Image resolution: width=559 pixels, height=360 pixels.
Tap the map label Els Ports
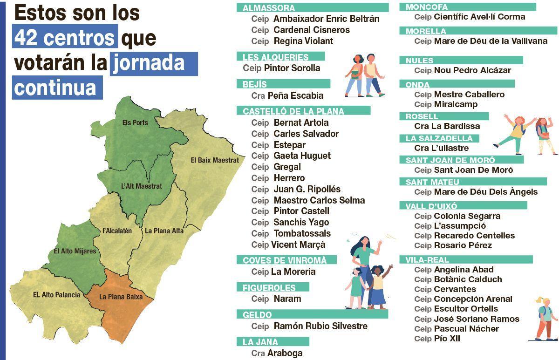[135, 122]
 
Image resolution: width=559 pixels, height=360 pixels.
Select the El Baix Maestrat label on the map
[215, 160]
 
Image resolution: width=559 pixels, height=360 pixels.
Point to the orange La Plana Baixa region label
[121, 296]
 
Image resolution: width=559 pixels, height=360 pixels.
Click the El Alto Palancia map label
[56, 294]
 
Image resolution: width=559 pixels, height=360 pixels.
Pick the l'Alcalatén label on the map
[117, 231]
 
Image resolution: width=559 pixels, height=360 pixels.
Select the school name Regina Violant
[303, 41]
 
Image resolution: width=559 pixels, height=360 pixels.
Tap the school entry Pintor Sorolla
[292, 68]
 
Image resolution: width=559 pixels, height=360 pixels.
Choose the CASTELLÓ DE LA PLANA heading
[293, 111]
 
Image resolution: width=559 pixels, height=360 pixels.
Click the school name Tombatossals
[302, 233]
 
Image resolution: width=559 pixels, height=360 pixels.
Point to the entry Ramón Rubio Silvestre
[320, 326]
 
